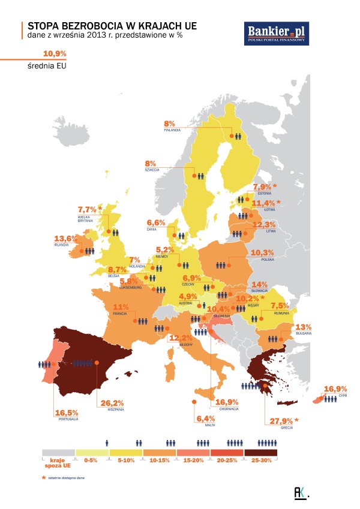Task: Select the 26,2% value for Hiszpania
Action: (112, 403)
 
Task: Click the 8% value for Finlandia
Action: (169, 123)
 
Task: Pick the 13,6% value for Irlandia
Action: (66, 239)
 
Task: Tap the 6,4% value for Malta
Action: (205, 418)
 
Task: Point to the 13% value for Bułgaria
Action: (303, 327)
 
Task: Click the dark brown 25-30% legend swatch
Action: (260, 453)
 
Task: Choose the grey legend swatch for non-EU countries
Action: (58, 453)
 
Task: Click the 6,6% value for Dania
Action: (155, 222)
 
